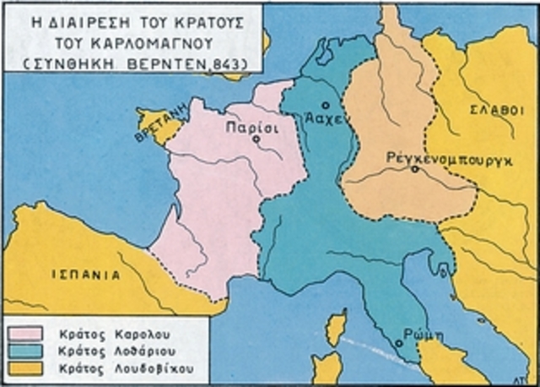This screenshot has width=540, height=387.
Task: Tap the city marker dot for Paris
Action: pos(256,139)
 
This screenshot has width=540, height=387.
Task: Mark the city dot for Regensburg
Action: pos(414,169)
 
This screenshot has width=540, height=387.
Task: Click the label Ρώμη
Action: pos(417,332)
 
